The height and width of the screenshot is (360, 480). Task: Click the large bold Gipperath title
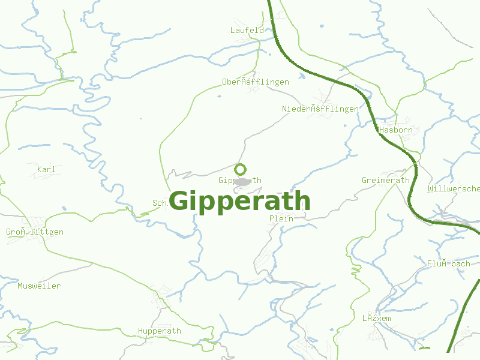[240, 202]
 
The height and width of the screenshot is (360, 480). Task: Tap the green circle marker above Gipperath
[241, 169]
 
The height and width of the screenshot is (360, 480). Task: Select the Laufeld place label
[247, 30]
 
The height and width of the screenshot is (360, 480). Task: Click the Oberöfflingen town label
[256, 82]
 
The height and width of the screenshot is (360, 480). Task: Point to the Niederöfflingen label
[320, 109]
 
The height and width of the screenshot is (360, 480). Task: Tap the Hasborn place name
[396, 130]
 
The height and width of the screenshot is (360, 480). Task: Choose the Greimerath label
[386, 180]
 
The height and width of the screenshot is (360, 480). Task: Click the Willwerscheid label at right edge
[454, 188]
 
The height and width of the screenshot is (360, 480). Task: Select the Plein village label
[281, 218]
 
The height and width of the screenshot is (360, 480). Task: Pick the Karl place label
[46, 169]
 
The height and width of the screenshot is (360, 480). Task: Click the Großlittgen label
[35, 232]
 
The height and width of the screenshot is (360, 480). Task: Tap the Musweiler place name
[39, 286]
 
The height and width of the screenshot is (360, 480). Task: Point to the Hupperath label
[160, 331]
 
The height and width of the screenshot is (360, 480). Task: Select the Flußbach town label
[449, 263]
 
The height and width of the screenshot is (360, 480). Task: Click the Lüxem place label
[376, 318]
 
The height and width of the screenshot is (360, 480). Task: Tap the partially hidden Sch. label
[160, 203]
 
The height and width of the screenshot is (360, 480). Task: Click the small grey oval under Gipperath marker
[242, 182]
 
